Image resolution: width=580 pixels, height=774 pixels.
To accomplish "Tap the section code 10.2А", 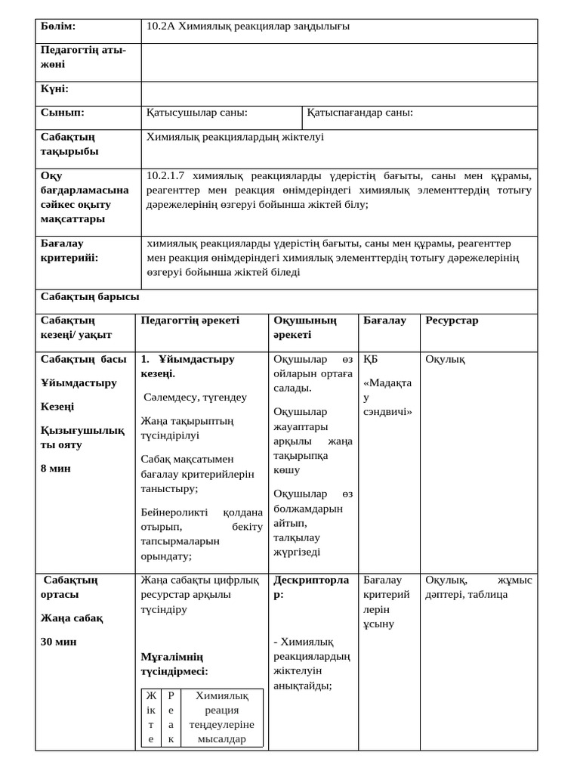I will tap(161, 26).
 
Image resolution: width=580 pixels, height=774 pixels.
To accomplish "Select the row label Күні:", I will tap(54, 89).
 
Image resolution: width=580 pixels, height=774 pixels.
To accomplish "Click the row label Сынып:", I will tap(62, 113).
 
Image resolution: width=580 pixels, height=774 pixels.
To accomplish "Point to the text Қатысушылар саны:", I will tap(197, 113).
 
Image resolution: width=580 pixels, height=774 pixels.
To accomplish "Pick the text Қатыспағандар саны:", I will tap(360, 113).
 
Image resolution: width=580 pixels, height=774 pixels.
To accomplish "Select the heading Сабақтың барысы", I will tap(90, 297).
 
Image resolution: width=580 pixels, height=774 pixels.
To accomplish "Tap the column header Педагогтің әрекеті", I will tap(190, 320).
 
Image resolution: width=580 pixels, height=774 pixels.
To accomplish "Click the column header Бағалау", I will tap(384, 320).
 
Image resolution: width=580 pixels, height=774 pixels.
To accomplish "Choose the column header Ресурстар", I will tap(452, 320).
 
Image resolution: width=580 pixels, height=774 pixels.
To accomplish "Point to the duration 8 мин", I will tap(56, 469).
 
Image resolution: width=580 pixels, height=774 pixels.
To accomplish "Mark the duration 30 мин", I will tap(59, 642).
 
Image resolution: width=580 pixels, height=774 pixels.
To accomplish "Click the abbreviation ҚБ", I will tap(370, 359).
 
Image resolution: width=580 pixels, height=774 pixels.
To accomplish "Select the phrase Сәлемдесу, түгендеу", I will tap(195, 397).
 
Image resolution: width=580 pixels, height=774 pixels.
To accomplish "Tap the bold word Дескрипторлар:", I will tap(311, 587).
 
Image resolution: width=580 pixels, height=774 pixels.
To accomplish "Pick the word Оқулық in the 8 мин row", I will tap(445, 359).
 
